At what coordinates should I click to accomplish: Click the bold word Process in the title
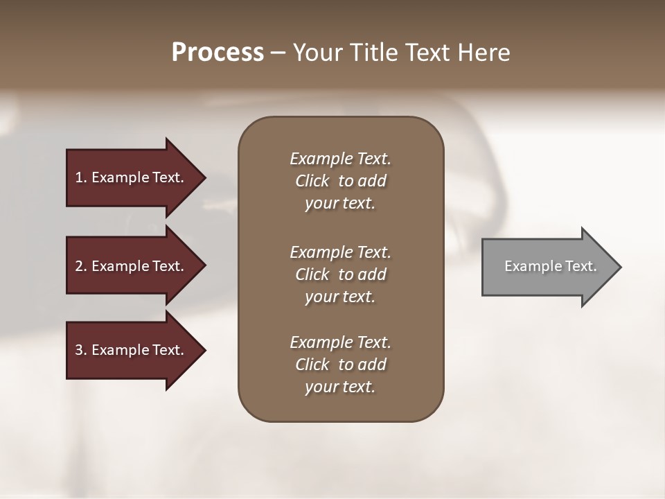(218, 53)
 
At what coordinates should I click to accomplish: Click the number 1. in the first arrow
(81, 177)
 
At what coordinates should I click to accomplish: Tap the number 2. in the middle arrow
(81, 266)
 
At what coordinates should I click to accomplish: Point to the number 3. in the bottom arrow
(81, 350)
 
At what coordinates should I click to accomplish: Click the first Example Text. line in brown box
(340, 159)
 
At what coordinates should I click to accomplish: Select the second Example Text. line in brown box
(340, 252)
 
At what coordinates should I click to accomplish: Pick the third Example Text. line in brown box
(340, 342)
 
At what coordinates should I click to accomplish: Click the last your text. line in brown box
(340, 387)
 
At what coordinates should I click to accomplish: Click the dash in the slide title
(278, 53)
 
